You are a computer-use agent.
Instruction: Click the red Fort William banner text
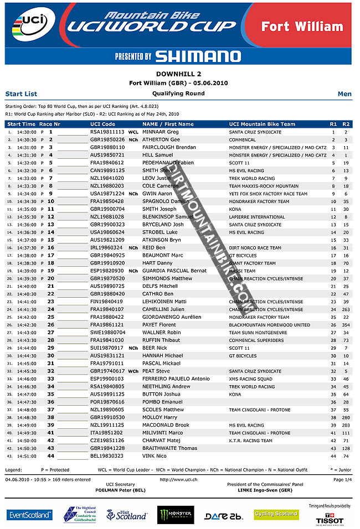pos(302,26)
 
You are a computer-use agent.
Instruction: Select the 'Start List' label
pos(21,94)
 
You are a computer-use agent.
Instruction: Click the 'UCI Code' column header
pos(102,124)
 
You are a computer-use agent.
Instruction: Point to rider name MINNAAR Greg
pos(160,132)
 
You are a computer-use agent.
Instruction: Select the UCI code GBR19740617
pos(107,371)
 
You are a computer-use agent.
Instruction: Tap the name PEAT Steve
pos(156,371)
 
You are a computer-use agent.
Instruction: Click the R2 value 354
pos(346,325)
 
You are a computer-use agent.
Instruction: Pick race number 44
pos(50,456)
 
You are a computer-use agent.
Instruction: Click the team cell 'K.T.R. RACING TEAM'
pos(250,440)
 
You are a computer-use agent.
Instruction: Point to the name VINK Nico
pos(153,456)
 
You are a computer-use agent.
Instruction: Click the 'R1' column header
pos(333,124)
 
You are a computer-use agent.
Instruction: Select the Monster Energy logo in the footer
pos(176,515)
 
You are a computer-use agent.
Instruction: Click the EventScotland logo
pos(30,515)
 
